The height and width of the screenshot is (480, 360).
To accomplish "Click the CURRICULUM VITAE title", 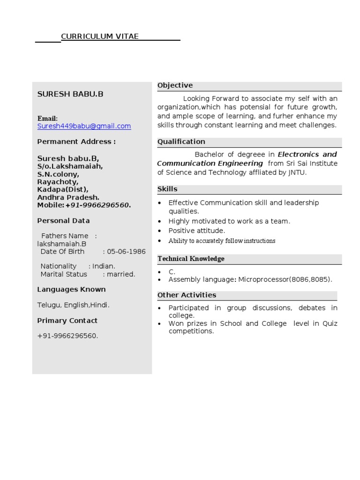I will [100, 37].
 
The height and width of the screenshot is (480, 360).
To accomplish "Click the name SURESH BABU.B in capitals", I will [70, 94].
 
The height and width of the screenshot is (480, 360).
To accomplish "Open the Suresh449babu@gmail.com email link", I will [84, 126].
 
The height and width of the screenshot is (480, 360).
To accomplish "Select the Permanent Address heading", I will [76, 142].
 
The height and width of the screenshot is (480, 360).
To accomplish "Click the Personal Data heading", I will [63, 221].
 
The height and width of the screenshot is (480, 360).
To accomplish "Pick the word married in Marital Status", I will [121, 274].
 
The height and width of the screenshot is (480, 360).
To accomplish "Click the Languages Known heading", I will [71, 289].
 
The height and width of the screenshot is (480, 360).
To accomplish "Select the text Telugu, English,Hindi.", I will [74, 305].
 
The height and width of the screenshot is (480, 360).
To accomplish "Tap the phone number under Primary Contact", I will [67, 336].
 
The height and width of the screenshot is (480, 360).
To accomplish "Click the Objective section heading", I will [175, 85].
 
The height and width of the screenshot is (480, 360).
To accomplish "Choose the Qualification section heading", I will [181, 142].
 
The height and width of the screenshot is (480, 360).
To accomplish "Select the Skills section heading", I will [167, 189].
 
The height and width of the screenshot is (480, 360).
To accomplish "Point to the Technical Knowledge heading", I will [191, 259].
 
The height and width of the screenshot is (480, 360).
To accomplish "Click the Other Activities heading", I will [187, 295].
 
